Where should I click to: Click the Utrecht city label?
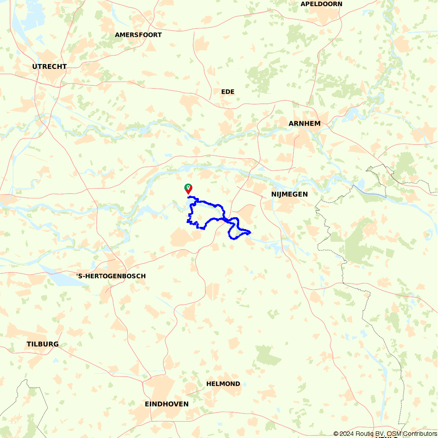49,67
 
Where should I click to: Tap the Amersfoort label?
138,35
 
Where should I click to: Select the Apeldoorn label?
321,4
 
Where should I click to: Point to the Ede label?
228,92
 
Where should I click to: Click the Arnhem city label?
304,124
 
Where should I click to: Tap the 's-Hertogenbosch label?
111,276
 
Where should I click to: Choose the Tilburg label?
42,344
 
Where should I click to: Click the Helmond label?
223,384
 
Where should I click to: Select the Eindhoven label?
167,404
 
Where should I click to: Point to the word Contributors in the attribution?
420,434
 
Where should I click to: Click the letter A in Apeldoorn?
303,4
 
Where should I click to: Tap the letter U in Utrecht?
35,67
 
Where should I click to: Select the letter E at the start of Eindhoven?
147,404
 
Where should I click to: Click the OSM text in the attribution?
395,434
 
